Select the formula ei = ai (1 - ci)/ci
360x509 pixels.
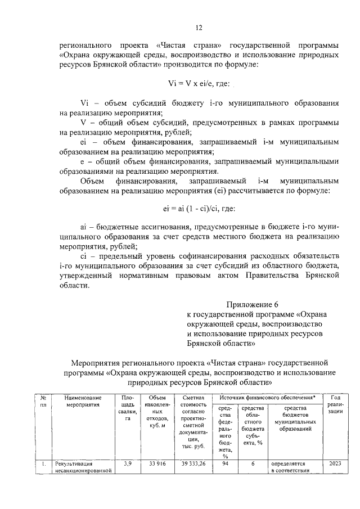(x=199, y=209)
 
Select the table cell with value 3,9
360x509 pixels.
(x=127, y=464)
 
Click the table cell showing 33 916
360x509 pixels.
(x=156, y=464)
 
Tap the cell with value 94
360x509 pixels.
(x=226, y=464)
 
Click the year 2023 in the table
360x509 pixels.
(x=335, y=464)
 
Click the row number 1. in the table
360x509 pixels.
(x=43, y=464)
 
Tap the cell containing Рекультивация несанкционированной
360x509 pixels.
(x=84, y=468)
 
